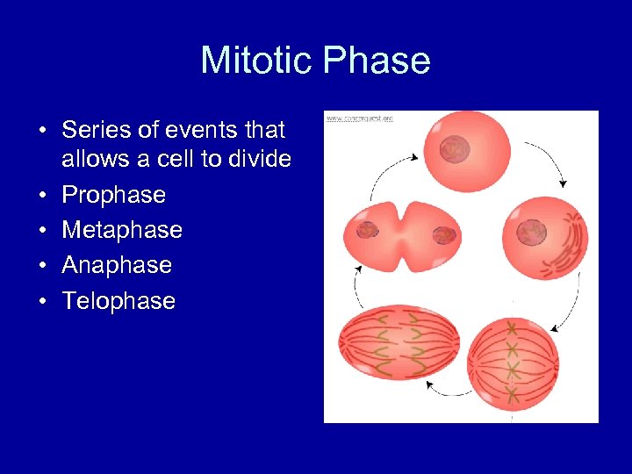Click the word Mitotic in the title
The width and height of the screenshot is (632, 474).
[x=256, y=61]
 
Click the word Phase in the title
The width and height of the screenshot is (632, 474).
[x=377, y=61]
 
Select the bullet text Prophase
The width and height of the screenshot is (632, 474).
[x=113, y=194]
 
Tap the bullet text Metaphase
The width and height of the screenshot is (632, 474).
[x=122, y=230]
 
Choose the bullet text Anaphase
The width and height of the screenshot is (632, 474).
[x=117, y=265]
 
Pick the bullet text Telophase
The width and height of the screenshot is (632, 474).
[x=118, y=301]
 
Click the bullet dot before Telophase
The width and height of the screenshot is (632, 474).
[x=41, y=301]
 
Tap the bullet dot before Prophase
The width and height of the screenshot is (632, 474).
[x=41, y=195]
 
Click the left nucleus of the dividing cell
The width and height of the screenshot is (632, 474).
[x=367, y=230]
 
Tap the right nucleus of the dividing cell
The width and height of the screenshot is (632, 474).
[x=444, y=234]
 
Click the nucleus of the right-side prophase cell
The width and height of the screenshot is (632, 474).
[x=532, y=232]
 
